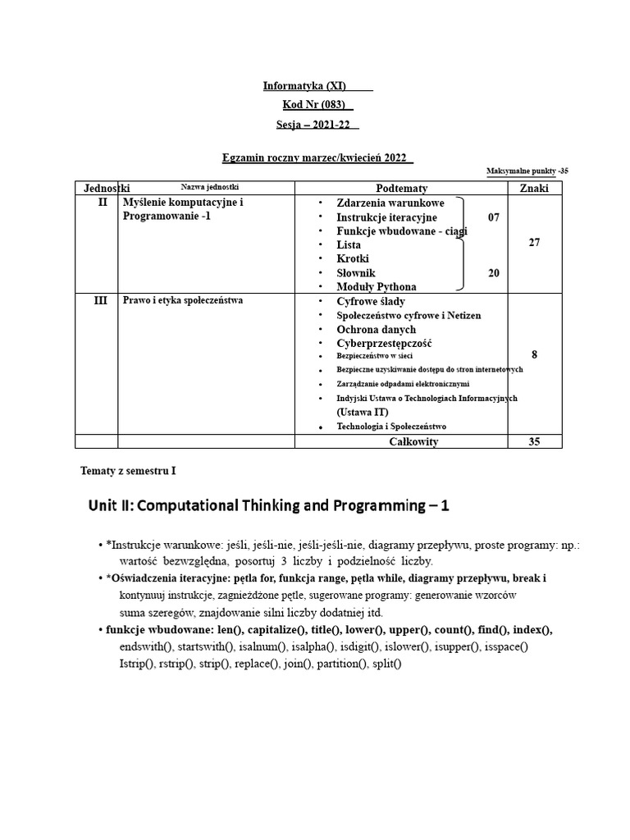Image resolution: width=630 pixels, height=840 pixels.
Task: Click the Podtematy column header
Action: tap(401, 188)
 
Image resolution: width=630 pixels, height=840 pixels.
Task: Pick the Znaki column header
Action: tap(534, 188)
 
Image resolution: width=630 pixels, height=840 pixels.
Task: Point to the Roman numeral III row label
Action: tap(100, 301)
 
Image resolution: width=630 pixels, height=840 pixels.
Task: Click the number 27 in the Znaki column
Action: tap(534, 243)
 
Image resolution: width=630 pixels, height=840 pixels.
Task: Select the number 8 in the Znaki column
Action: tap(534, 354)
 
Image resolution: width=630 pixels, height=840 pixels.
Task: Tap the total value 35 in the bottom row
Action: tap(534, 442)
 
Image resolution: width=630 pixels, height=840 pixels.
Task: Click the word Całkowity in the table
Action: tap(413, 442)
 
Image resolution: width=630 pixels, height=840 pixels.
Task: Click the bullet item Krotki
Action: tap(353, 258)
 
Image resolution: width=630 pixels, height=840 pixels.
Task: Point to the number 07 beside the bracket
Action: tap(493, 217)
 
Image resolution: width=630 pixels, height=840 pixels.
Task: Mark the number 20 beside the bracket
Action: tap(493, 273)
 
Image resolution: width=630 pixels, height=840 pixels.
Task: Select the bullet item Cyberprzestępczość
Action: tap(384, 343)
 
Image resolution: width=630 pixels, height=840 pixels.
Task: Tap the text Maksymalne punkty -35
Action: tap(527, 171)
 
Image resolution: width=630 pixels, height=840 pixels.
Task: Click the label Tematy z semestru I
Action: tap(128, 471)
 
